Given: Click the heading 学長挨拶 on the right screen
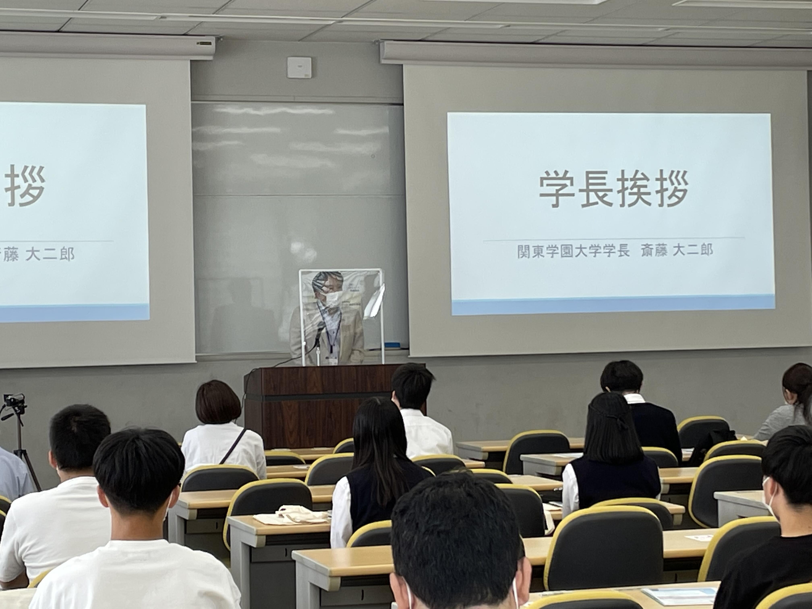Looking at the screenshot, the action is point(613,190).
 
